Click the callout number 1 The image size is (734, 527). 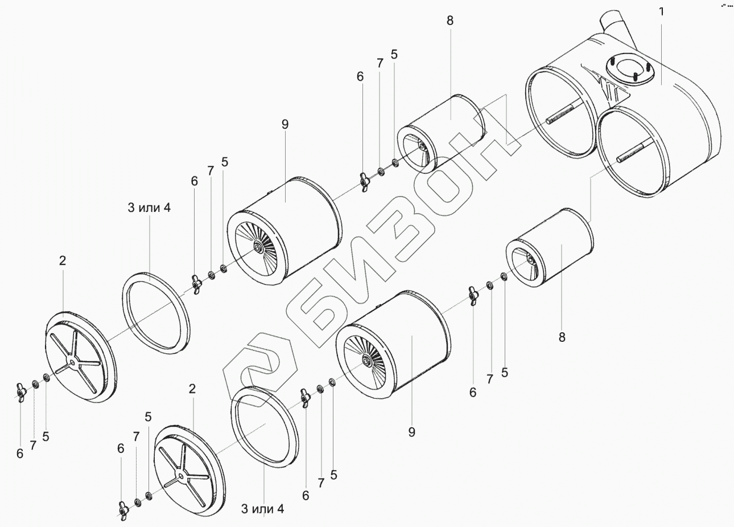tap(661, 12)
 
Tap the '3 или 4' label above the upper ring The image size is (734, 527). tap(149, 208)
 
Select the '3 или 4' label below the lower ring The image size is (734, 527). tap(262, 509)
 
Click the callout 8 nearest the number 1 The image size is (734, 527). tap(450, 21)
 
